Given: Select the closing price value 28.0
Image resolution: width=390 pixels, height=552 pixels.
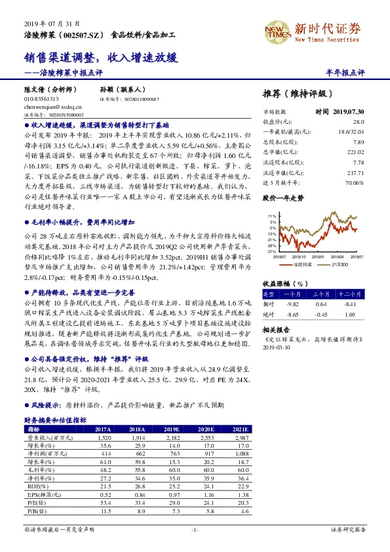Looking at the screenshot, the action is pos(357,122).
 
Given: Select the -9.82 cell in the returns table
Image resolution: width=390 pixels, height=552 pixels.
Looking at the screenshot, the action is pos(294,304).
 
